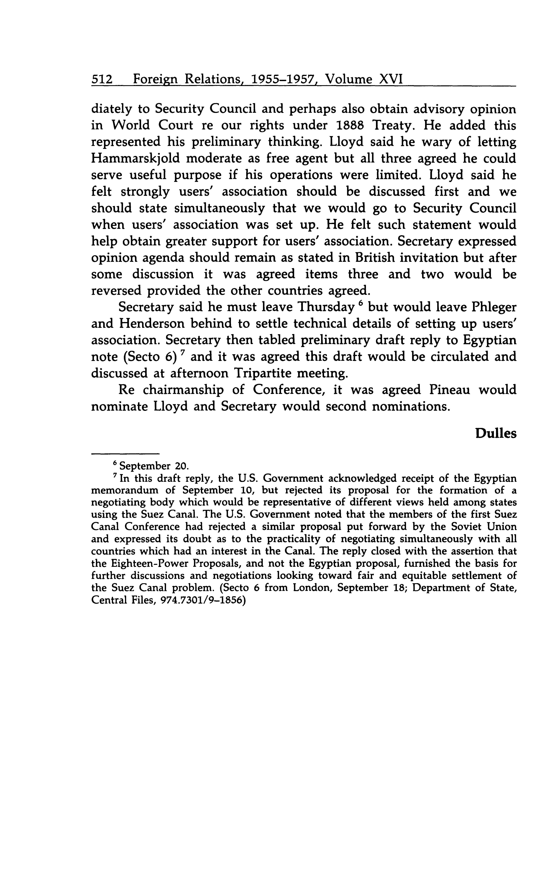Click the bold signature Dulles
click(x=496, y=434)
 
